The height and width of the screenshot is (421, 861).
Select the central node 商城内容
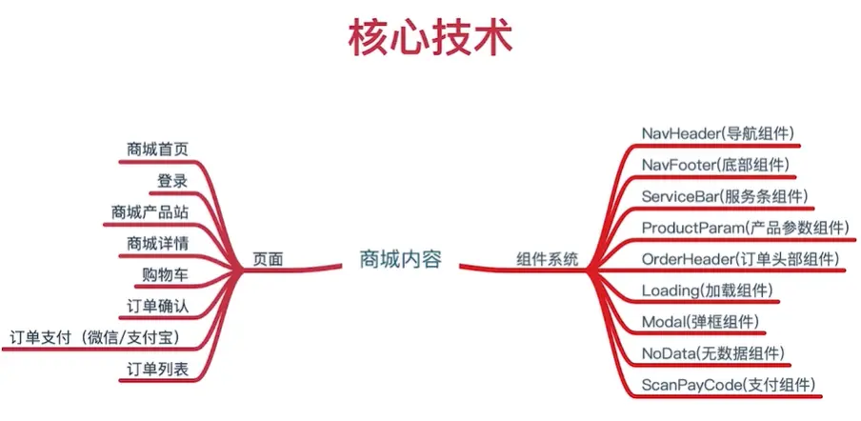tap(400, 259)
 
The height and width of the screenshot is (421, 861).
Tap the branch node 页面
tap(268, 259)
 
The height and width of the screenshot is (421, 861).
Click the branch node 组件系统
tap(548, 259)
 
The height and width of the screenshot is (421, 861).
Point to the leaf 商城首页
tap(157, 149)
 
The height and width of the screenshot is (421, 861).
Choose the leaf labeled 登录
tap(172, 180)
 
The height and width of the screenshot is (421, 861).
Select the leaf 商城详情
tap(157, 243)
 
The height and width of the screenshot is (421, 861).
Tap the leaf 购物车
tap(165, 274)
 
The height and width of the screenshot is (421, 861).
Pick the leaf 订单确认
tap(157, 306)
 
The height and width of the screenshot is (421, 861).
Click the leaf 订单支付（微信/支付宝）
tap(93, 337)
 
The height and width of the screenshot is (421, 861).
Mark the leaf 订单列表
tap(157, 369)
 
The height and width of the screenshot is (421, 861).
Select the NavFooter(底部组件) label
tap(715, 164)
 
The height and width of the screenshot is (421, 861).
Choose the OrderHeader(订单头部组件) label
tap(739, 259)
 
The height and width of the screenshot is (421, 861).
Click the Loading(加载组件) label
tap(707, 291)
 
